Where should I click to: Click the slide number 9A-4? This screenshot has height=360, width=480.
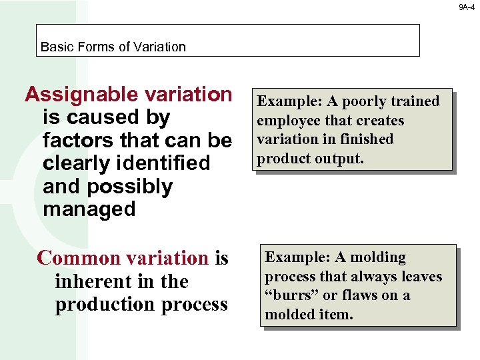click(x=467, y=7)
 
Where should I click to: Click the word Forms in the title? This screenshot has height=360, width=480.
click(x=91, y=47)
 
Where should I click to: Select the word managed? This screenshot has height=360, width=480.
click(x=89, y=209)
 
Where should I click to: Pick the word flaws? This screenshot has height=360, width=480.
click(x=361, y=295)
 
